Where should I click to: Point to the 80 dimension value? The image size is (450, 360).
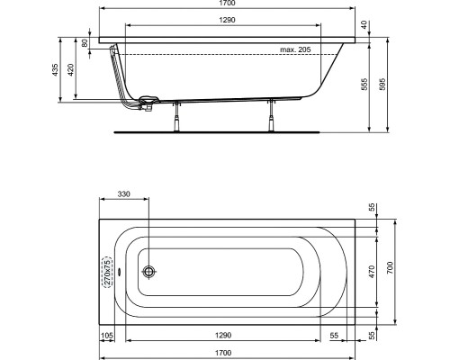pyautogui.click(x=84, y=42)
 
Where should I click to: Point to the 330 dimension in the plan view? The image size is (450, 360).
pyautogui.click(x=124, y=193)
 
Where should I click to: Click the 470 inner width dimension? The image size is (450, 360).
pyautogui.click(x=372, y=268)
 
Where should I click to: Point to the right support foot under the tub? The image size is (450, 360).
pyautogui.click(x=270, y=115)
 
